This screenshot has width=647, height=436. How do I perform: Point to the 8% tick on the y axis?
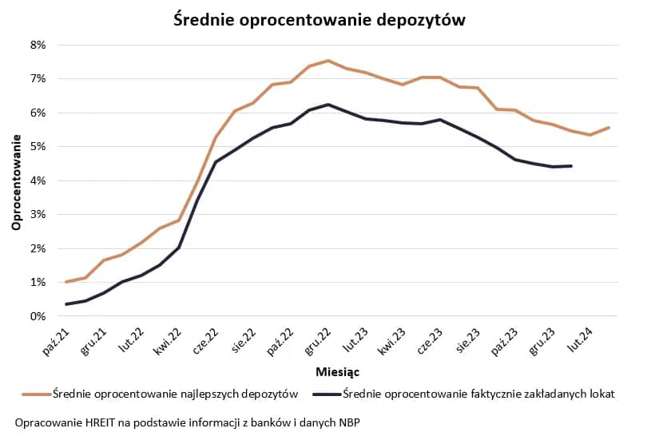coord(38,45)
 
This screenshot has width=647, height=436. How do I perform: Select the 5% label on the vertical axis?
coord(38,147)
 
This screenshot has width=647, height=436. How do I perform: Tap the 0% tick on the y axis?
coord(38,316)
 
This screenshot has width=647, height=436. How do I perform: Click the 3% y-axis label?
coord(38,215)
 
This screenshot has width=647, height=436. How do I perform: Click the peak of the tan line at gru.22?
coord(327,61)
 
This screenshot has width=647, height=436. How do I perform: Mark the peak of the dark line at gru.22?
coord(327,104)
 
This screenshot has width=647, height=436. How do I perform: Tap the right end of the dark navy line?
coord(571,166)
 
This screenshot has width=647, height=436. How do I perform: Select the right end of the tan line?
coord(609,127)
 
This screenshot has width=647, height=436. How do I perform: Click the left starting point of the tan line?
coord(65,282)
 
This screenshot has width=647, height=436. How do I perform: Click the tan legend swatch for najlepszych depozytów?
coord(35,394)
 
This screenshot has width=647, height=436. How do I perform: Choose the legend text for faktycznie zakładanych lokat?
coord(478,394)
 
